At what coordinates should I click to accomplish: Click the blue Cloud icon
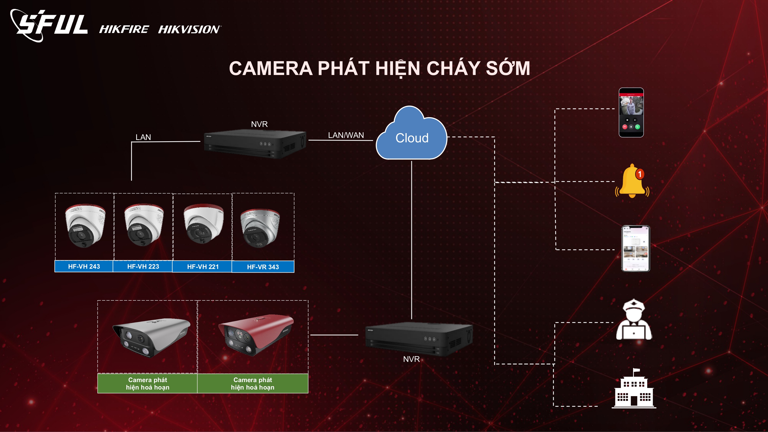pyautogui.click(x=411, y=136)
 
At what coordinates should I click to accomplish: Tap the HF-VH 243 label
pyautogui.click(x=84, y=266)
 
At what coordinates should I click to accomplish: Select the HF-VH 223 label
pyautogui.click(x=143, y=266)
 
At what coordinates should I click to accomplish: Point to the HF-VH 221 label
pyautogui.click(x=203, y=266)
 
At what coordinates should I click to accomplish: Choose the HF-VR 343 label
pyautogui.click(x=263, y=267)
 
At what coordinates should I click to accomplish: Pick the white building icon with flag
pyautogui.click(x=634, y=389)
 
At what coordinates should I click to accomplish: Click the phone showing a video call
pyautogui.click(x=631, y=112)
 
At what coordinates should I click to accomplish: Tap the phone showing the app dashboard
pyautogui.click(x=635, y=248)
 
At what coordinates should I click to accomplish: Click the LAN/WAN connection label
pyautogui.click(x=346, y=135)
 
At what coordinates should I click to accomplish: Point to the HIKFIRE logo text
pyautogui.click(x=124, y=29)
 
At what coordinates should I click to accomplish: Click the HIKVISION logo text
pyautogui.click(x=189, y=29)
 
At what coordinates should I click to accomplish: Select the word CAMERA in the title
pyautogui.click(x=271, y=68)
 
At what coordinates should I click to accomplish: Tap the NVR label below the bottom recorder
pyautogui.click(x=411, y=359)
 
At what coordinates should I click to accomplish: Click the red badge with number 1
pyautogui.click(x=639, y=174)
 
